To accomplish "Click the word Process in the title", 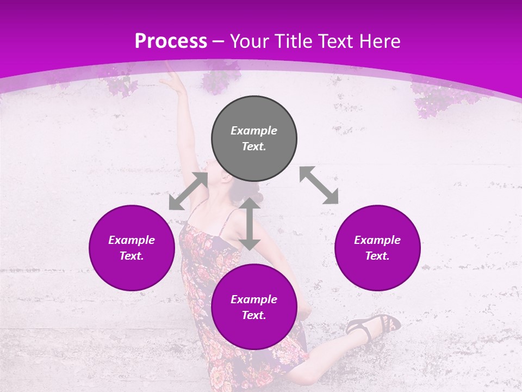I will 171,41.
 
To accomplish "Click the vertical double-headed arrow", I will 250,224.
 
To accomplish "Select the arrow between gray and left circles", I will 188,191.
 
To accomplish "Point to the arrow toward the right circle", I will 319,185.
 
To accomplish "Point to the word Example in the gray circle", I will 254,131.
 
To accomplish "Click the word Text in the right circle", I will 377,256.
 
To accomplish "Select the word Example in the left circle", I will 132,240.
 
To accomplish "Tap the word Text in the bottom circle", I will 254,315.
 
